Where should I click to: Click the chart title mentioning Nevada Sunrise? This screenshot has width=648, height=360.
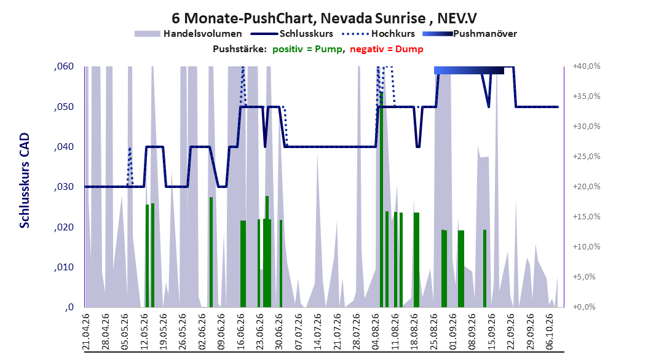click(x=324, y=18)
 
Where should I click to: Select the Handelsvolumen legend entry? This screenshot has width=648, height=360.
click(x=189, y=34)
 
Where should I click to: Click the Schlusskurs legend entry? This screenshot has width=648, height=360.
click(x=292, y=34)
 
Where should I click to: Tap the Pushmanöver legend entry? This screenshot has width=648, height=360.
click(x=470, y=34)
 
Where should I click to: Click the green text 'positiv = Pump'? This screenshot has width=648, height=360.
click(x=307, y=49)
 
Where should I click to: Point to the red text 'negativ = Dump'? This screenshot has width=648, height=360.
click(x=387, y=49)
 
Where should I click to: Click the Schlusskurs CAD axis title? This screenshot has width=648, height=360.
click(x=25, y=181)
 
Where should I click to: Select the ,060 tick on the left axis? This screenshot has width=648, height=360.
click(x=64, y=66)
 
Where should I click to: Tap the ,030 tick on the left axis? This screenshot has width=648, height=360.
click(x=64, y=187)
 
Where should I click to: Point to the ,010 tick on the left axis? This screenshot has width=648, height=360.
click(x=64, y=267)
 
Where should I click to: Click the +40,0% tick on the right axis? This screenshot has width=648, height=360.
click(x=587, y=66)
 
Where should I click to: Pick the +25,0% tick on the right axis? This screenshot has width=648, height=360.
click(x=587, y=157)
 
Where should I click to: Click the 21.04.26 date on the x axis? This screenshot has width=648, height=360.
click(x=86, y=332)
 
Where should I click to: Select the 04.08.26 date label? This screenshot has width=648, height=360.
click(x=376, y=332)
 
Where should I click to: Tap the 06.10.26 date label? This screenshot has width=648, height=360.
click(x=550, y=332)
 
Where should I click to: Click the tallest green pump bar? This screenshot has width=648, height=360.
click(x=381, y=200)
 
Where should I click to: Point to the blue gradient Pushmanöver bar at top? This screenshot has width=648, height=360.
click(x=469, y=70)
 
